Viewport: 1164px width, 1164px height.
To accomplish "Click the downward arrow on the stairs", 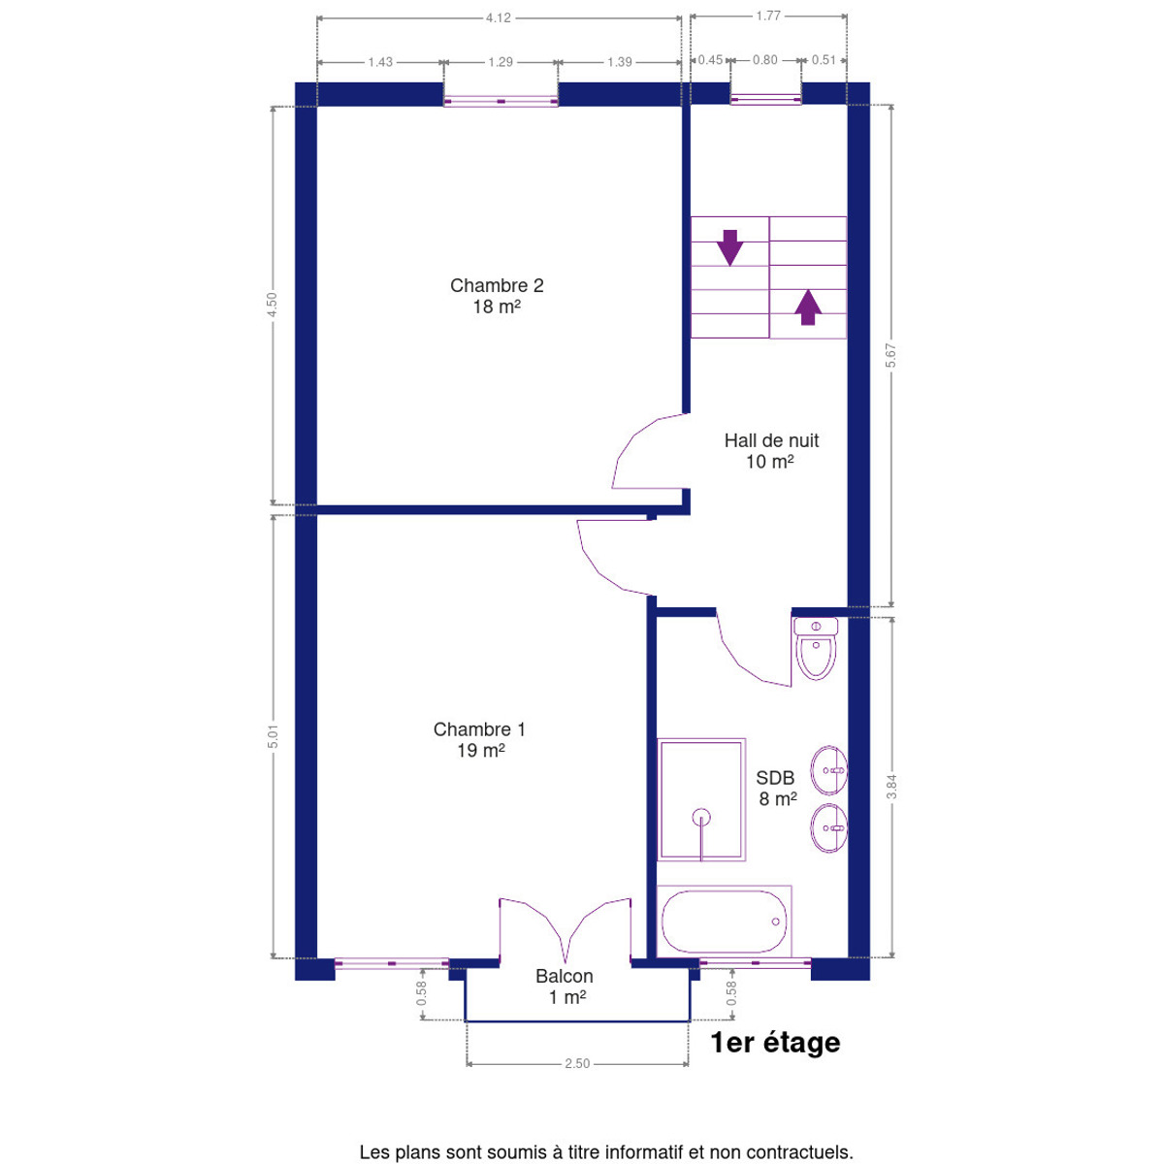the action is (729, 247).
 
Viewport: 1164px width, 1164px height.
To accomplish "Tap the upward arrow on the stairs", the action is (808, 307).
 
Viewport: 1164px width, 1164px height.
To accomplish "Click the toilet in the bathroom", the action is (816, 648).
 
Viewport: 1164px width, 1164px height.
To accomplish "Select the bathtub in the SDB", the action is (725, 921).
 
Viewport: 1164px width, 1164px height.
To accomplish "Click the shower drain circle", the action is (701, 818).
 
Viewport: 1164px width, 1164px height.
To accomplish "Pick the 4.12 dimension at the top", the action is (499, 18).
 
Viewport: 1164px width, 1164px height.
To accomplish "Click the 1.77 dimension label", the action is (768, 16).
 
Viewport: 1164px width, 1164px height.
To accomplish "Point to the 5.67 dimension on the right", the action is (891, 355).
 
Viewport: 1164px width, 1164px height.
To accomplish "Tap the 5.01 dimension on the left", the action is (273, 736).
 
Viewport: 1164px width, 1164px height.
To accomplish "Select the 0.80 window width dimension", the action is (764, 60).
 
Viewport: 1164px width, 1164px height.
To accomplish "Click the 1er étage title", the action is (776, 1043).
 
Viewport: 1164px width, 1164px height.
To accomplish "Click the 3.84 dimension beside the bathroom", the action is (891, 787).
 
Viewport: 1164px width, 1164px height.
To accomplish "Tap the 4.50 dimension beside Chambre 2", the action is (272, 305).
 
